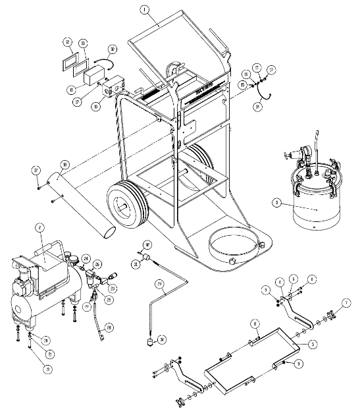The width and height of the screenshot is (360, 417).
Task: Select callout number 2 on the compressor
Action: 39,227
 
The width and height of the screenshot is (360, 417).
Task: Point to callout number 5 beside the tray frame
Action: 313,343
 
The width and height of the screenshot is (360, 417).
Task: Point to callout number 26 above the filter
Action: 97,264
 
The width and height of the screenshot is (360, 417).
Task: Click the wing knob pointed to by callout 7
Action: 331,320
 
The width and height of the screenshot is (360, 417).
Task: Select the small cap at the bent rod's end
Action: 150,342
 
